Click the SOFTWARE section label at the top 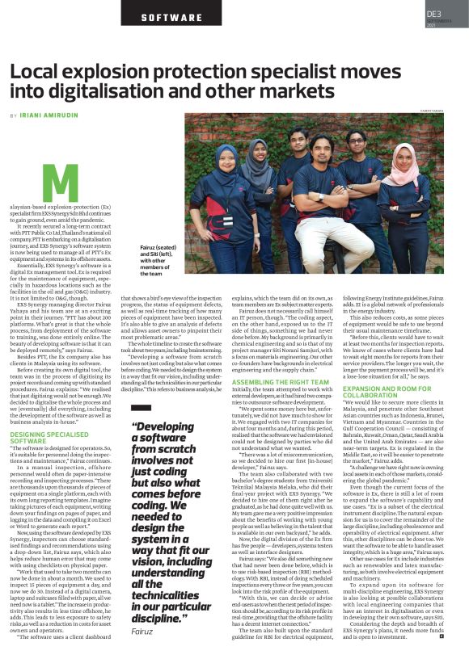click(171, 16)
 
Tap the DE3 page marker click(433, 14)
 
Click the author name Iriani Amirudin click(50, 117)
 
